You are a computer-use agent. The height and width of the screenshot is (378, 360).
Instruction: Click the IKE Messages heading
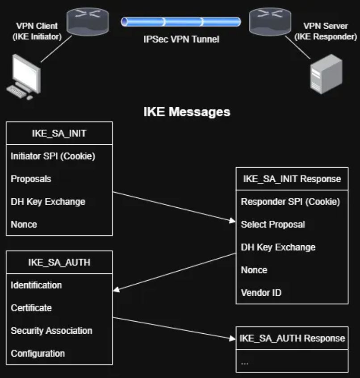pos(187,112)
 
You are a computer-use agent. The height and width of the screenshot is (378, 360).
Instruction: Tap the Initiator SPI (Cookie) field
pos(53,156)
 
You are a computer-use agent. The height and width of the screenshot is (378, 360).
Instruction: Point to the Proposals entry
pos(31,179)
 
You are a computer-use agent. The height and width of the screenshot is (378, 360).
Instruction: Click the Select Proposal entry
pos(273,224)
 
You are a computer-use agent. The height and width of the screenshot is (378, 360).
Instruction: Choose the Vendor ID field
pos(261,293)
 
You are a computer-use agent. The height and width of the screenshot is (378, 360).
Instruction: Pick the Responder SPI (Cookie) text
pos(290,202)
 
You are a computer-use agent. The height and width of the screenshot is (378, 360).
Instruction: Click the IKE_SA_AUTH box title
pos(59,262)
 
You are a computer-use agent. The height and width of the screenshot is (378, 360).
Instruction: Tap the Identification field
pos(36,285)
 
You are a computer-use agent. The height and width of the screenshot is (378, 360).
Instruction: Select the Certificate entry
pos(31,308)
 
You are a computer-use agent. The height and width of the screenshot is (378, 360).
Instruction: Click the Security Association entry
pos(51,331)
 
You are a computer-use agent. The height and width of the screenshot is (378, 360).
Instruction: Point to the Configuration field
pos(38,353)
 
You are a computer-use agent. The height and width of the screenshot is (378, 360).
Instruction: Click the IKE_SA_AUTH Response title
pos(292,338)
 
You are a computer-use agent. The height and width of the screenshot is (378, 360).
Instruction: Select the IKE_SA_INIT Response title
pos(292,179)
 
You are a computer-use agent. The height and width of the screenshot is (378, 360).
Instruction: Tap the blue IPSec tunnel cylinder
pos(181,22)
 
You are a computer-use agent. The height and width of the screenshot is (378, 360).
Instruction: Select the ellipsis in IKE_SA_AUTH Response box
pos(245,362)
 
